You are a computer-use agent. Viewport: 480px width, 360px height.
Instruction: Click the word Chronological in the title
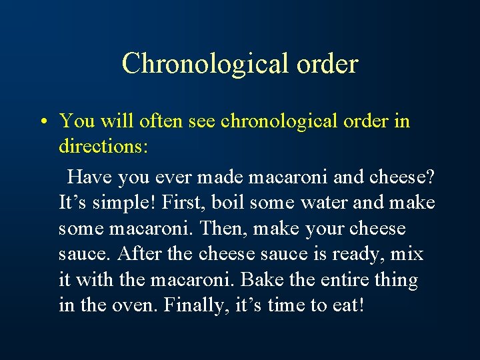pyautogui.click(x=203, y=64)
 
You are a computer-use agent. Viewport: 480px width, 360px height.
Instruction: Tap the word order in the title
pyautogui.click(x=326, y=64)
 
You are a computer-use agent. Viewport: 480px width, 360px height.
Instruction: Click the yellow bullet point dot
pyautogui.click(x=41, y=122)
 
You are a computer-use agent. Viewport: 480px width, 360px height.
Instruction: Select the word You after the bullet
pyautogui.click(x=76, y=121)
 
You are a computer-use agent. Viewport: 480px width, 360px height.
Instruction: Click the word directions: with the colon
pyautogui.click(x=103, y=146)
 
